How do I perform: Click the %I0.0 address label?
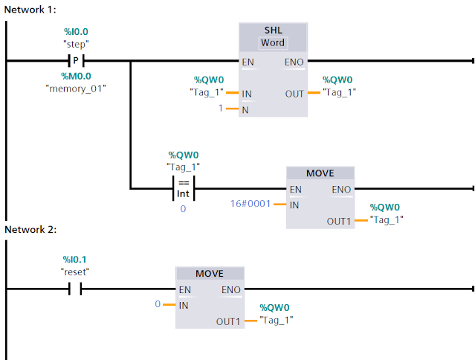tap(75, 31)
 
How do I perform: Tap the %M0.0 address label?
tap(75, 76)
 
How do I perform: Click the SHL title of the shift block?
tap(273, 30)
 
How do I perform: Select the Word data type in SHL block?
tap(273, 43)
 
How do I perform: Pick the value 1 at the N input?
tap(221, 109)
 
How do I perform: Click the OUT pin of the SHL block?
tap(294, 94)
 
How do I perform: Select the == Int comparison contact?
tap(183, 188)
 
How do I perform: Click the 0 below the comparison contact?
tap(183, 209)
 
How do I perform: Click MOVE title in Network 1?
tap(320, 173)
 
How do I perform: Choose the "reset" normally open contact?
tap(75, 289)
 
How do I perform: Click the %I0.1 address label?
tap(75, 259)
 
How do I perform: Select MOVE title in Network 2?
tap(209, 274)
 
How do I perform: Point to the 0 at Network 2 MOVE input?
tap(158, 304)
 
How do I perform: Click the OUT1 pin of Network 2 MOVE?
tap(229, 321)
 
